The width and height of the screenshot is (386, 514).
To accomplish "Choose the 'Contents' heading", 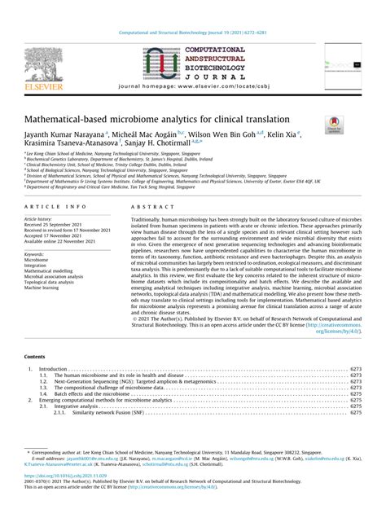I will pos(35,357).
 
